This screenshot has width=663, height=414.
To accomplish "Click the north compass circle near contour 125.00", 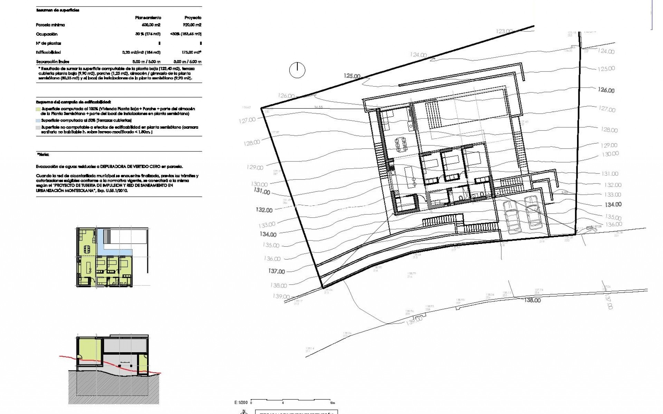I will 297,70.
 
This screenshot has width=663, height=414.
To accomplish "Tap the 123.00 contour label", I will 504,31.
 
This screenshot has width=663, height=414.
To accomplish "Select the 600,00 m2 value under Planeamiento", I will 151,25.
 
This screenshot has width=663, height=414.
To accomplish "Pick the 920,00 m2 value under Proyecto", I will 192,25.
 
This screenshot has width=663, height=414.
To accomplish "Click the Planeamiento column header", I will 148,18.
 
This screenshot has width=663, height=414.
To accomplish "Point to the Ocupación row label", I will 47,34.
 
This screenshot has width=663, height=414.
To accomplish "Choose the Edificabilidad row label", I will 48,52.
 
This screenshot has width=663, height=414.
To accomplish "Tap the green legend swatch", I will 38,109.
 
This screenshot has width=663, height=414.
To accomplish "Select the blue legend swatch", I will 38,120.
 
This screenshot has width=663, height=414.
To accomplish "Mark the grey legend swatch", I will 38,127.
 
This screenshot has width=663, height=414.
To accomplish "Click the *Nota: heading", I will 43,155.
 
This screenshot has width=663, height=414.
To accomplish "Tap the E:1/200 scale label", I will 241,403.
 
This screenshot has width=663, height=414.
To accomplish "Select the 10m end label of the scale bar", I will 332,403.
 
